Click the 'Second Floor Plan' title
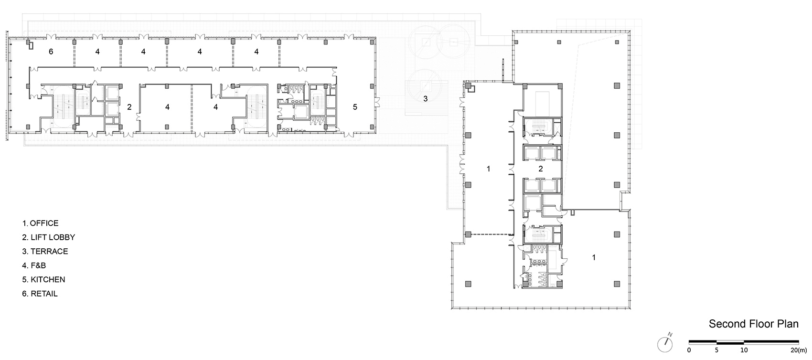pos(754,324)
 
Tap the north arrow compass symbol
pos(665,344)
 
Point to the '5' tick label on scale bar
pos(716,350)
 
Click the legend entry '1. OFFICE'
pos(40,223)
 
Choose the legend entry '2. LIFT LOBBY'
pos(49,237)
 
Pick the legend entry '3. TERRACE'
pos(45,251)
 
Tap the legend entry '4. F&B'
pos(34,265)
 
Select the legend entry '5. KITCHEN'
pos(43,280)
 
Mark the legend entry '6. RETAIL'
pos(40,294)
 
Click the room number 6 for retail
pos(51,52)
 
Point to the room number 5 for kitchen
pos(355,107)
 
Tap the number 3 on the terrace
pos(426,98)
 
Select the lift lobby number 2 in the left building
pos(129,107)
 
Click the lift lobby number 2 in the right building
pos(541,169)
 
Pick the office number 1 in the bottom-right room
pos(594,257)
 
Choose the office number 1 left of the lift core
pos(488,169)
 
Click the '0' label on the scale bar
pos(689,350)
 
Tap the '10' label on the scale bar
pos(744,350)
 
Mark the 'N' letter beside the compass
pos(670,334)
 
